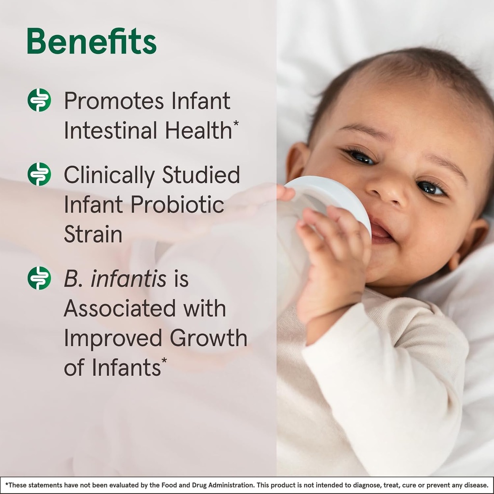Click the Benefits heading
tap(92, 42)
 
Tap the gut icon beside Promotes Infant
tap(39, 100)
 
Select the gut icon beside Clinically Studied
tap(39, 174)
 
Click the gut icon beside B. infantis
tap(39, 278)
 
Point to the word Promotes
tap(114, 101)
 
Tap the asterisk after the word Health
tap(236, 123)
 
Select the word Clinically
tap(110, 175)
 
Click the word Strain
tap(93, 234)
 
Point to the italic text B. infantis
tap(115, 279)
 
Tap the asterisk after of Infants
tap(164, 361)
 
